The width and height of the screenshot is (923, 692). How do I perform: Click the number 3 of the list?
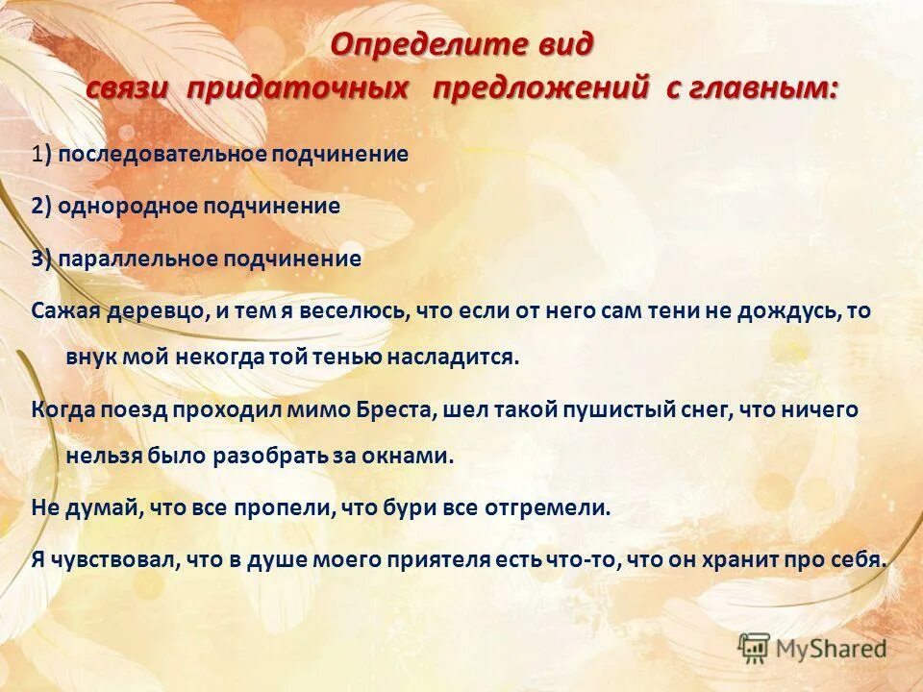tap(37, 259)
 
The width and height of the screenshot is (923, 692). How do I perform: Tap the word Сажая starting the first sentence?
tap(61, 310)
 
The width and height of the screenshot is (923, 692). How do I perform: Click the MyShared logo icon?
tap(754, 647)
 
